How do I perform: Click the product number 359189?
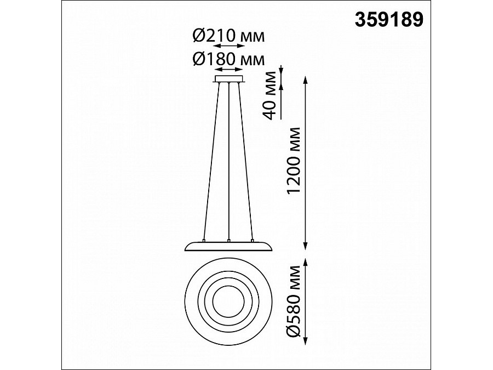pyautogui.click(x=389, y=20)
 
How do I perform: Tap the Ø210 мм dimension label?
pyautogui.click(x=228, y=36)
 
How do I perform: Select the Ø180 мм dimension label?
pyautogui.click(x=228, y=59)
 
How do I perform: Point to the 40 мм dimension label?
pyautogui.click(x=270, y=95)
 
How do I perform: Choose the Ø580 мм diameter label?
pyautogui.click(x=294, y=301)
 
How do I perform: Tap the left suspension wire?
pyautogui.click(x=211, y=161)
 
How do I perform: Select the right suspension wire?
pyautogui.click(x=245, y=161)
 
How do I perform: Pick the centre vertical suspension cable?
pyautogui.click(x=230, y=161)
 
